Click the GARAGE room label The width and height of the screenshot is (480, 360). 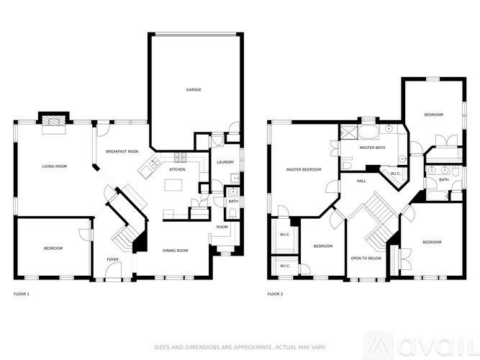click(194, 90)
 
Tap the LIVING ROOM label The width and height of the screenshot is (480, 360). click(54, 166)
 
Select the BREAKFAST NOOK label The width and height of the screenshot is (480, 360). click(121, 151)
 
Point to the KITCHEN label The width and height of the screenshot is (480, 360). click(177, 169)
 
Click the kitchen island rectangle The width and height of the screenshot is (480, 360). click(174, 185)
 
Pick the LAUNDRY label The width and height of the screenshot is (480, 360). click(225, 162)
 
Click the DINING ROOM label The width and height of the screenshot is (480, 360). click(176, 251)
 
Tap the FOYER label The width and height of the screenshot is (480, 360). click(113, 259)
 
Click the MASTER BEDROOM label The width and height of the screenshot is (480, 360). click(303, 170)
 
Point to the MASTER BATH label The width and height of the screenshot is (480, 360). click(372, 148)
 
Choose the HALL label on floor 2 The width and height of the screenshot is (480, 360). click(361, 181)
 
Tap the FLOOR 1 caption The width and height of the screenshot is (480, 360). click(22, 294)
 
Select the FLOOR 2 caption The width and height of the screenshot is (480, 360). click(276, 294)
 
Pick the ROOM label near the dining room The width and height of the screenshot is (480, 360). click(222, 227)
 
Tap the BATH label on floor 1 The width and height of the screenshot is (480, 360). click(233, 201)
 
